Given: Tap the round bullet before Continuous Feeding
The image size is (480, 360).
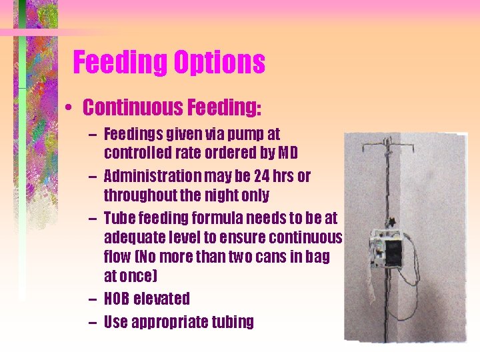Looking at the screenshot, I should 69,107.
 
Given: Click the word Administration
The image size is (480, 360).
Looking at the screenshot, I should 151,177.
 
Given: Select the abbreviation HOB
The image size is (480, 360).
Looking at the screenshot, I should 117,299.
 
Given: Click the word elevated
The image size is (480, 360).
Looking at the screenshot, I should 162,299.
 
